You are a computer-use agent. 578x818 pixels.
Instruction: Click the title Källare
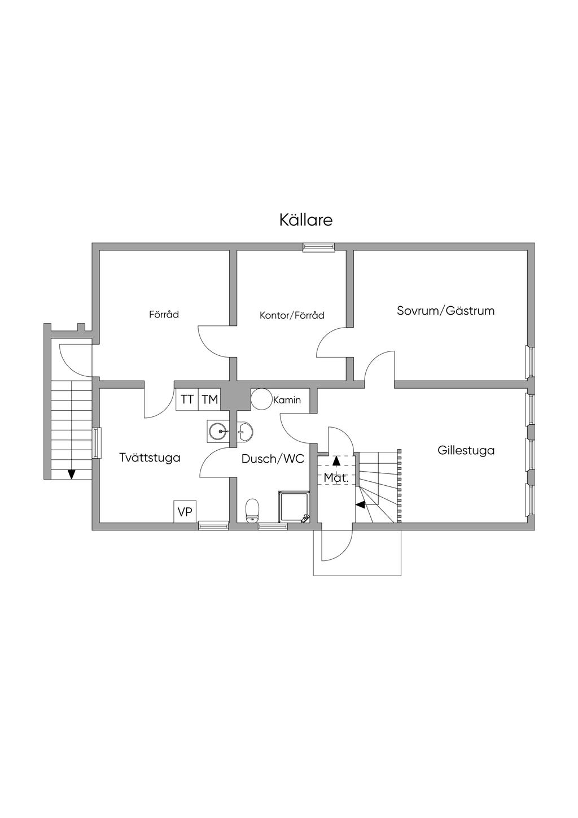pyautogui.click(x=306, y=220)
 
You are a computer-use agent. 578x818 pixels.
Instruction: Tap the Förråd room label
pyautogui.click(x=164, y=314)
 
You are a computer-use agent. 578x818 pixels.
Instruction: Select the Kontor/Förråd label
pyautogui.click(x=292, y=315)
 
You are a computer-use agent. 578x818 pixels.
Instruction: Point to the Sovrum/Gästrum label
pyautogui.click(x=445, y=311)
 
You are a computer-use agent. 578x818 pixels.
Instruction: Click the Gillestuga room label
pyautogui.click(x=466, y=450)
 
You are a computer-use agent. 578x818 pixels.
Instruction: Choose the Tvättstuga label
pyautogui.click(x=150, y=458)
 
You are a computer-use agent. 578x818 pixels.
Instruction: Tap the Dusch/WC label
pyautogui.click(x=273, y=459)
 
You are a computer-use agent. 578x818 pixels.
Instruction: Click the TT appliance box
pyautogui.click(x=187, y=400)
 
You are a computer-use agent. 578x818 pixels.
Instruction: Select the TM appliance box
pyautogui.click(x=209, y=400)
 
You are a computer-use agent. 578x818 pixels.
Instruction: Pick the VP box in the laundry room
pyautogui.click(x=185, y=512)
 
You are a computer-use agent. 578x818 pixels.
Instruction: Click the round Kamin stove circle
pyautogui.click(x=261, y=399)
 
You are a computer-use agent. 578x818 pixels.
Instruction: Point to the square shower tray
pyautogui.click(x=294, y=507)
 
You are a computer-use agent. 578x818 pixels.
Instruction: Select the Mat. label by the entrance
pyautogui.click(x=336, y=478)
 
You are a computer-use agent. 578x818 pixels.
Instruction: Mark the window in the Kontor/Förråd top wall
pyautogui.click(x=319, y=246)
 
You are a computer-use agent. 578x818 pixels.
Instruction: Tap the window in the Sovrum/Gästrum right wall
pyautogui.click(x=530, y=362)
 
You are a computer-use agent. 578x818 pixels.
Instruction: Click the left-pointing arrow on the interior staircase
pyautogui.click(x=360, y=504)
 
